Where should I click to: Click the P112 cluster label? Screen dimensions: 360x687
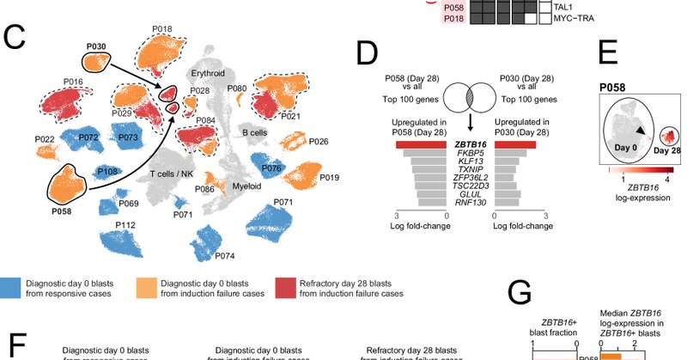(125, 224)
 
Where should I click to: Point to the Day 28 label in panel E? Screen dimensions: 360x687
(660, 151)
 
